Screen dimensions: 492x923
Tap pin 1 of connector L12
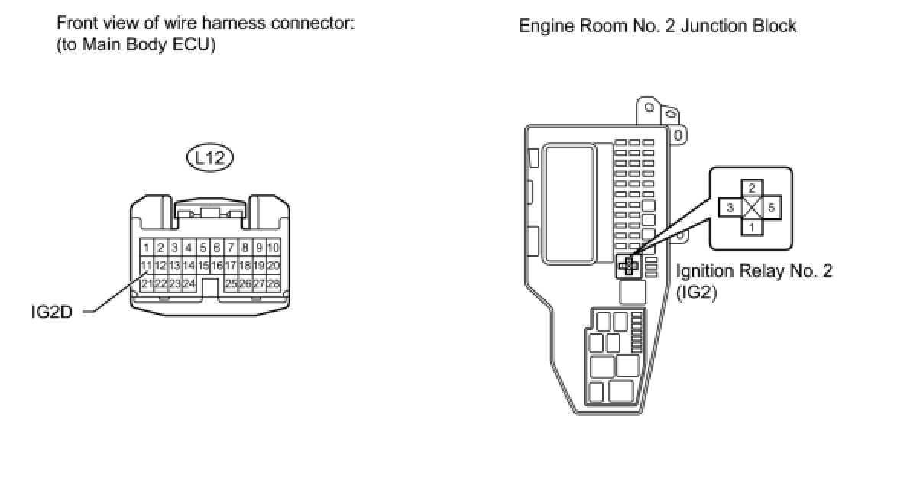pos(147,248)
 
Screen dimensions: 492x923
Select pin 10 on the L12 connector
pos(274,248)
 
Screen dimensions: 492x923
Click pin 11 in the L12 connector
pos(147,266)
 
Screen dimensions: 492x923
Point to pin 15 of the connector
pos(203,266)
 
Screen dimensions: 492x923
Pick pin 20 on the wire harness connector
pos(274,266)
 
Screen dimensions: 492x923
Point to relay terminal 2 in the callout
pos(752,188)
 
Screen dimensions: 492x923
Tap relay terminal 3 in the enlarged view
pos(730,208)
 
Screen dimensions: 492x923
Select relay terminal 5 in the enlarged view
pos(772,208)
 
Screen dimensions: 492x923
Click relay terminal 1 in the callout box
pos(752,228)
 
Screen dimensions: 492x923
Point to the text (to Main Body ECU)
pos(137,44)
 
